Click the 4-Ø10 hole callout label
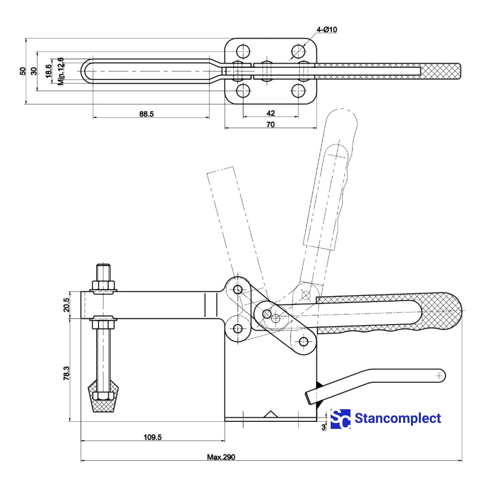pyautogui.click(x=327, y=30)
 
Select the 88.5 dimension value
pyautogui.click(x=146, y=114)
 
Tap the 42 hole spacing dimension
pyautogui.click(x=271, y=113)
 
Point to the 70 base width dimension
pyautogui.click(x=271, y=124)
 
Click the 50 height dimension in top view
pyautogui.click(x=23, y=71)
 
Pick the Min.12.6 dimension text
pyautogui.click(x=61, y=71)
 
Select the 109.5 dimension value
pyautogui.click(x=152, y=437)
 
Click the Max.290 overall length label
pyautogui.click(x=221, y=457)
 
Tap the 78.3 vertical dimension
pyautogui.click(x=67, y=373)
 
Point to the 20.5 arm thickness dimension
pyautogui.click(x=67, y=305)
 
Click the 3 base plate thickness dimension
pyautogui.click(x=323, y=427)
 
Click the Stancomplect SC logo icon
pyautogui.click(x=340, y=419)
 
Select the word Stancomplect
pyautogui.click(x=398, y=418)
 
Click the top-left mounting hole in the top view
pyautogui.click(x=243, y=51)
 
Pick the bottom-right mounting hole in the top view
pyautogui.click(x=298, y=91)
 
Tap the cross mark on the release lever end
pyautogui.click(x=439, y=376)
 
